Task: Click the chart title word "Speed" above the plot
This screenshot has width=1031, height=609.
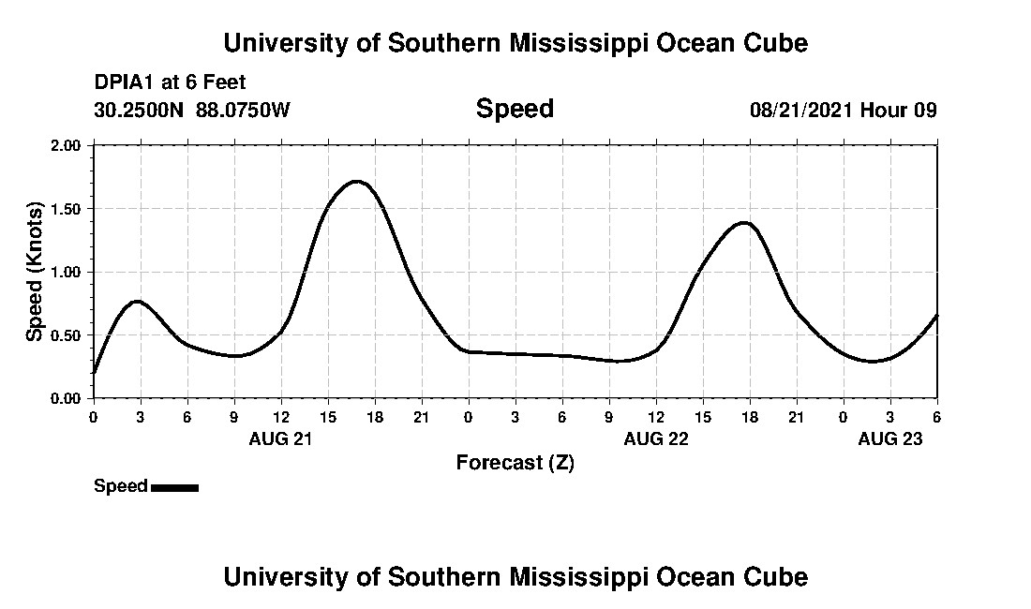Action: (x=515, y=109)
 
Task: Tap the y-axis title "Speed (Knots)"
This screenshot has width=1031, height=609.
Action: (x=35, y=272)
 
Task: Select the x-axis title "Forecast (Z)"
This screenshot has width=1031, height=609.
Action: (x=515, y=462)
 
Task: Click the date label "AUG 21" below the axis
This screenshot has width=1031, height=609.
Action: (x=280, y=438)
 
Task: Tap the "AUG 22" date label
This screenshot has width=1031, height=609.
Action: (x=655, y=438)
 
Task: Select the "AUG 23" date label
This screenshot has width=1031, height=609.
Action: (x=889, y=438)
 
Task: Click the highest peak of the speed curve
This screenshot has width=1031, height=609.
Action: (x=357, y=181)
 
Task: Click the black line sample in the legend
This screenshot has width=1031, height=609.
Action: (x=174, y=487)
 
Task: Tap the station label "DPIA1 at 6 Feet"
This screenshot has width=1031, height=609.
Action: (x=170, y=82)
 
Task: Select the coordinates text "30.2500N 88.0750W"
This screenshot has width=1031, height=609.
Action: (x=192, y=110)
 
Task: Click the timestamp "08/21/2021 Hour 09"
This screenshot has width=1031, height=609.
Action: (x=843, y=110)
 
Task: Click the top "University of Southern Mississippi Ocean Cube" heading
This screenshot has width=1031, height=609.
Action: (x=515, y=43)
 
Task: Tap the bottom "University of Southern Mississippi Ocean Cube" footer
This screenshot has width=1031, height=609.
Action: (x=515, y=576)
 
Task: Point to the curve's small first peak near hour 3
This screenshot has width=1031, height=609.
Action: (x=137, y=301)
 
